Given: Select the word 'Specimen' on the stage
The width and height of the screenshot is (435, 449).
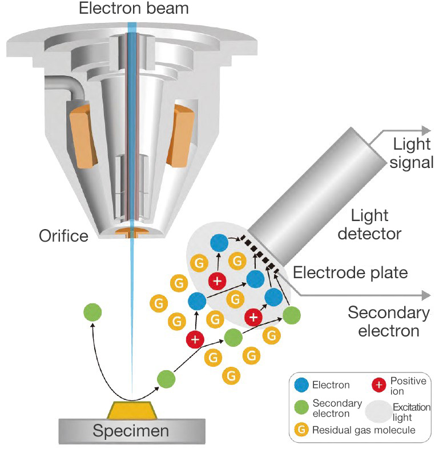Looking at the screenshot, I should (x=131, y=430).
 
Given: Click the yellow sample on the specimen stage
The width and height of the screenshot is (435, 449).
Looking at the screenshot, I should (x=132, y=410).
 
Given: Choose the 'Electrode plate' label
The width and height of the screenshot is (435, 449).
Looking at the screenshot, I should (x=349, y=272).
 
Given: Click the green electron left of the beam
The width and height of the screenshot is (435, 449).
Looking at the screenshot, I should (x=92, y=312).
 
